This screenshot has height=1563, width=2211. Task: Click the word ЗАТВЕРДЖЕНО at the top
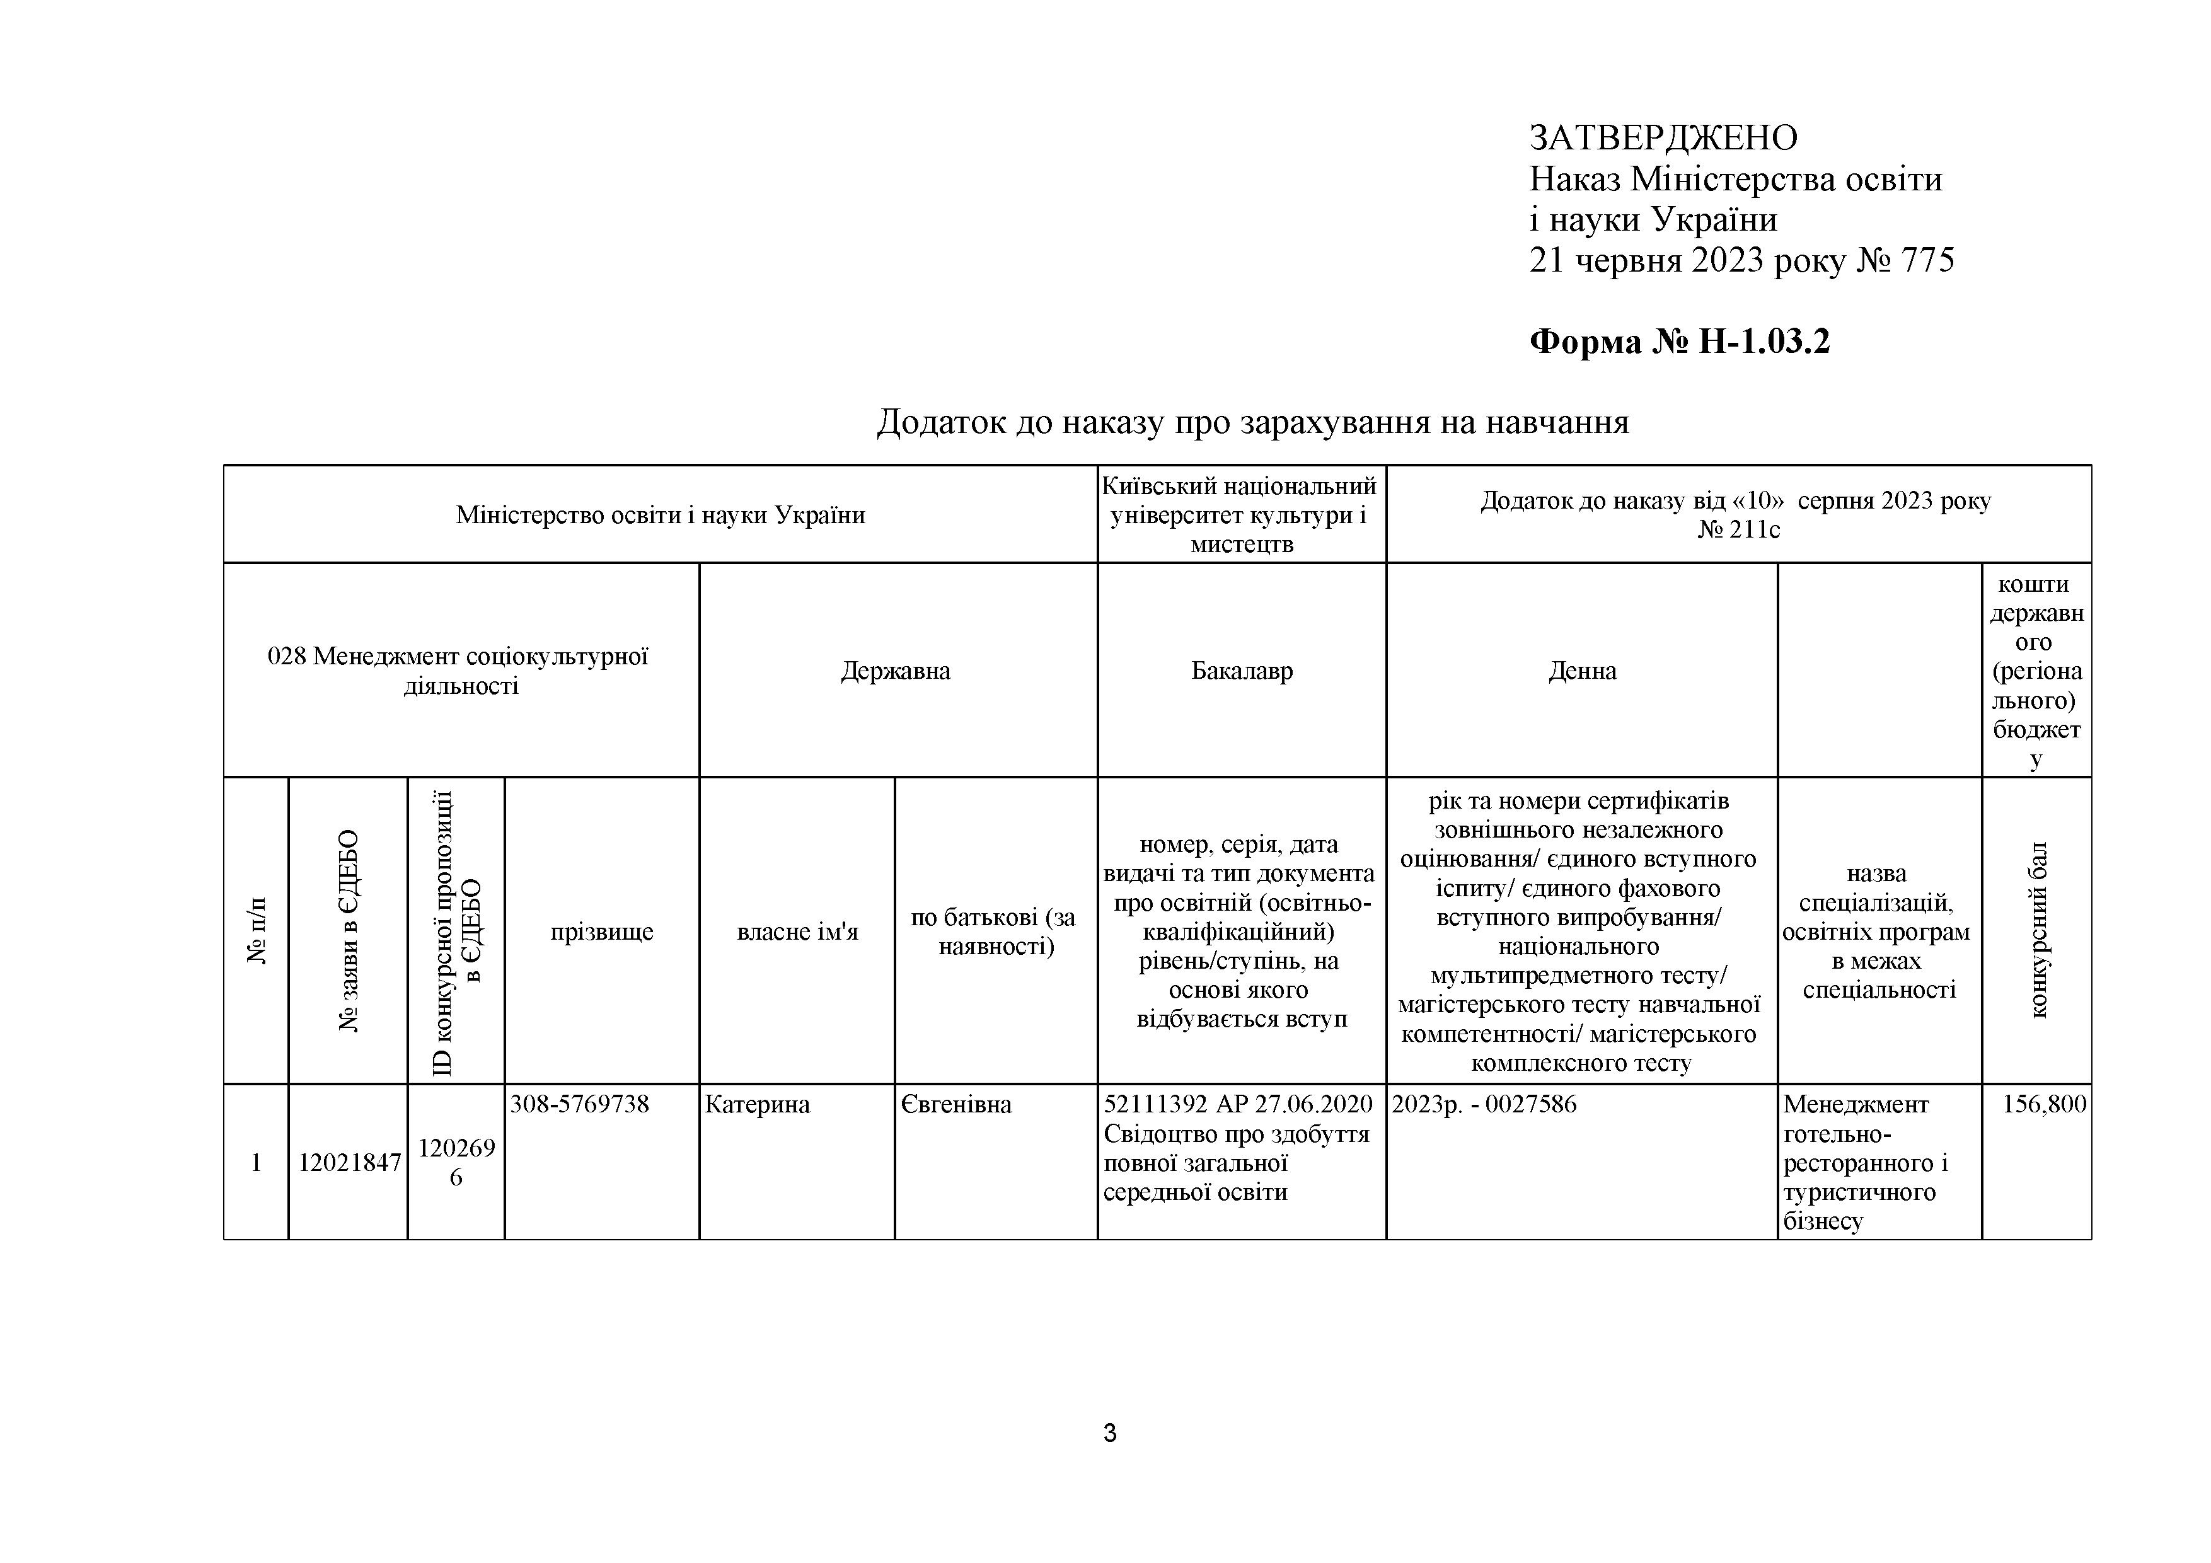click(x=1663, y=138)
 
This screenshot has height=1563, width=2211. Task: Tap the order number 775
click(x=1927, y=260)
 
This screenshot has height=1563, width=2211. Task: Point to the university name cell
click(x=1240, y=514)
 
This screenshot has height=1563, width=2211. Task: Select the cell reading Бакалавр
click(x=1241, y=671)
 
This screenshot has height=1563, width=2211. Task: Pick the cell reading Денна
click(x=1582, y=671)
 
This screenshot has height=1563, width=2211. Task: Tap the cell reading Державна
click(x=896, y=671)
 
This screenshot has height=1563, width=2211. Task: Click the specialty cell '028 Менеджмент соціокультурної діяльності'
click(x=459, y=671)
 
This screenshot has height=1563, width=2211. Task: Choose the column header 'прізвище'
click(x=602, y=931)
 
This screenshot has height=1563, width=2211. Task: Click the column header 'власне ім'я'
click(x=797, y=931)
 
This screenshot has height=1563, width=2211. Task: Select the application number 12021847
click(x=349, y=1162)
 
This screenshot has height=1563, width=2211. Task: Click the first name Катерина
click(x=757, y=1105)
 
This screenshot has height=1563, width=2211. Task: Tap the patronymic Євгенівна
click(x=956, y=1105)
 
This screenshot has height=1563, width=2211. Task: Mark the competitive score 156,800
click(x=2043, y=1105)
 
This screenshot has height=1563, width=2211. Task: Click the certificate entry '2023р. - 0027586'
click(x=1484, y=1105)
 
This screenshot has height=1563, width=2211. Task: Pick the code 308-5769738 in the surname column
click(x=580, y=1105)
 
